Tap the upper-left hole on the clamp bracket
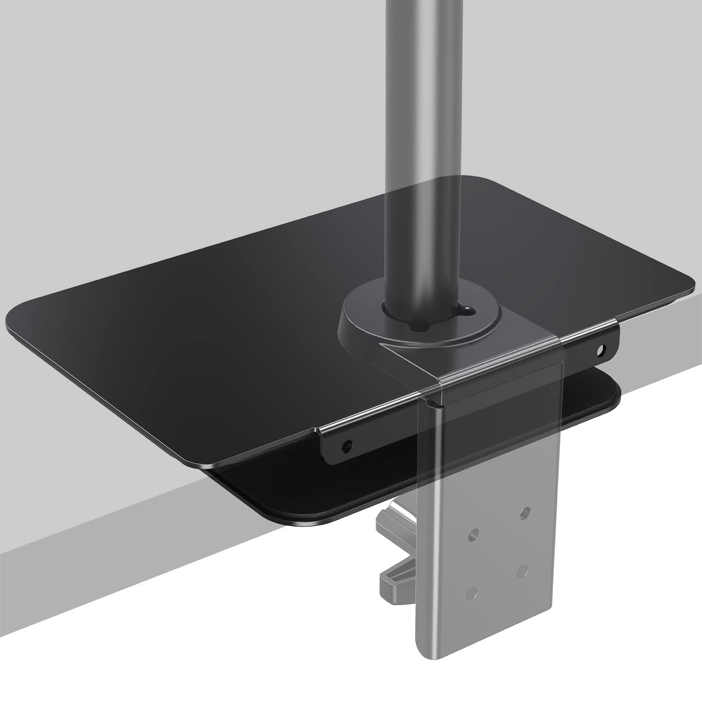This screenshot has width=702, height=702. pos(473,534)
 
